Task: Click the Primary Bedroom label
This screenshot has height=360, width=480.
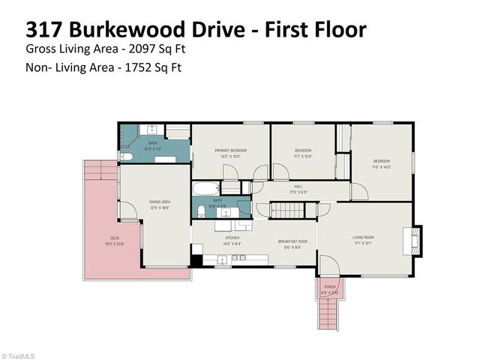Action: coord(230,151)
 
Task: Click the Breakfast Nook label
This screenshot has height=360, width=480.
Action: coord(289,241)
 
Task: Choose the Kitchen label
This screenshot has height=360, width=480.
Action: coord(230,239)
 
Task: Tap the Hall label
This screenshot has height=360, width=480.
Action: coord(298,186)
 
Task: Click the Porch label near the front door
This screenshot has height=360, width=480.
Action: coord(330,286)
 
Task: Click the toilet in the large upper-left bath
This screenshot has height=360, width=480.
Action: coord(127,157)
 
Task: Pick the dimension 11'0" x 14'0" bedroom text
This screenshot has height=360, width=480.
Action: coord(382,166)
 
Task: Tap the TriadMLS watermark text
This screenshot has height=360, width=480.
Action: coord(20,355)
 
